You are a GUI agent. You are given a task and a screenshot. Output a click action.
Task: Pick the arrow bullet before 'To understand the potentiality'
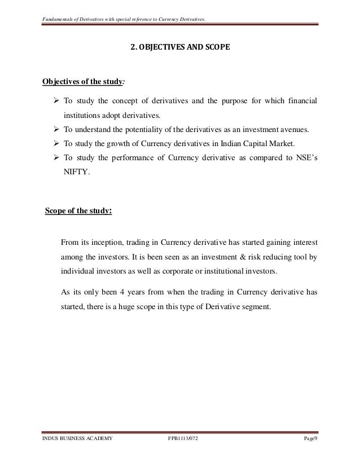pyautogui.click(x=55, y=130)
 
